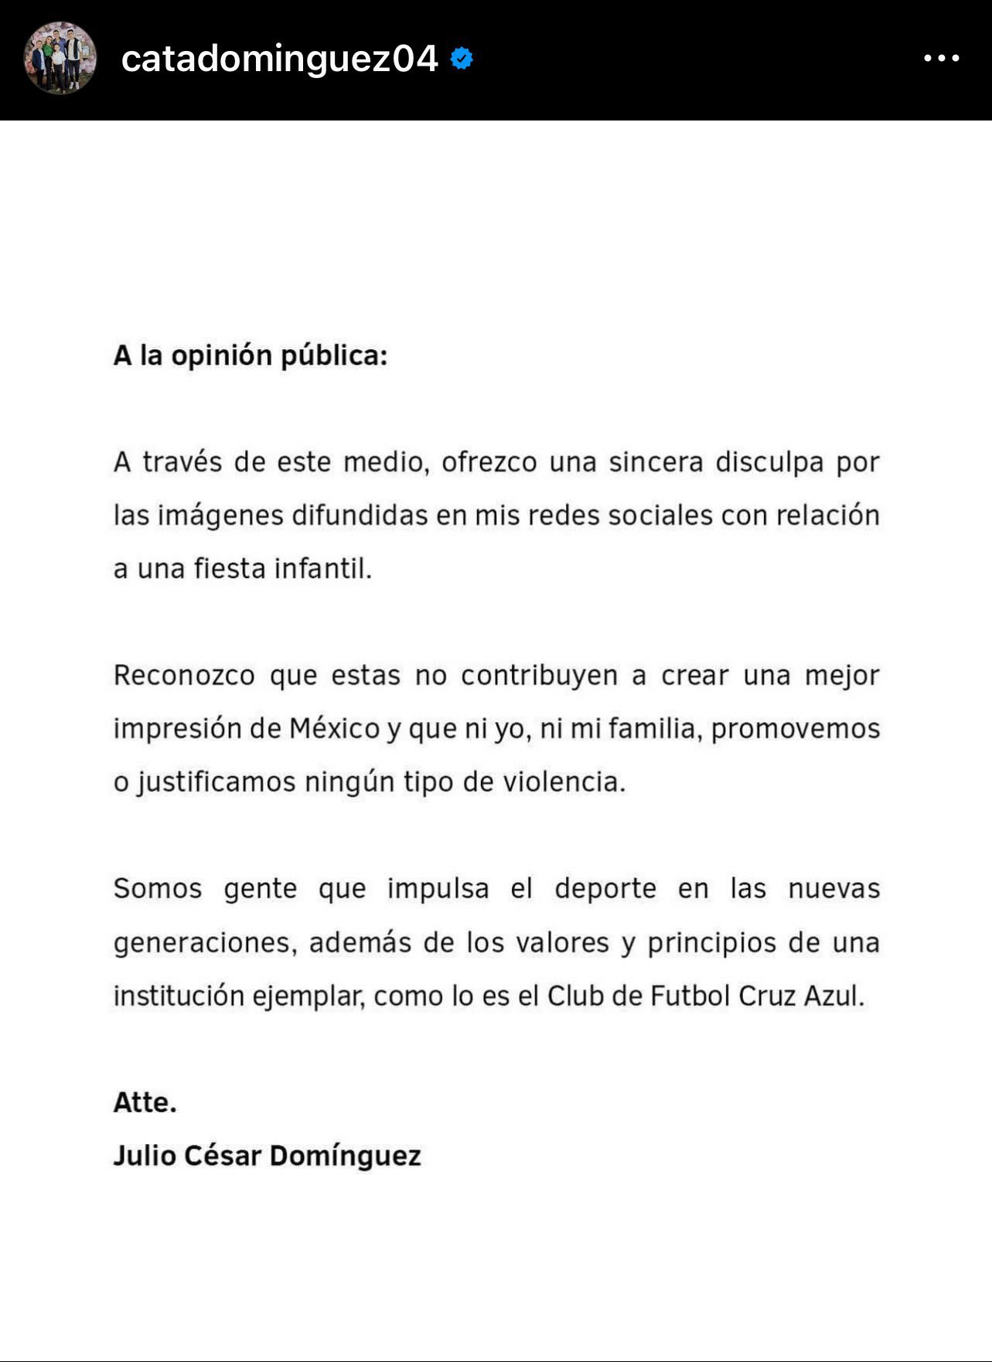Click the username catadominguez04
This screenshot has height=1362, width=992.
[279, 59]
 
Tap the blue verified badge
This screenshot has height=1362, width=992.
[462, 59]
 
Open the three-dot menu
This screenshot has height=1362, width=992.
[941, 58]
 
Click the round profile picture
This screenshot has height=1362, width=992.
[60, 58]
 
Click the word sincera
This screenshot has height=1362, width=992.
[656, 462]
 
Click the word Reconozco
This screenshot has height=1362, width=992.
[184, 676]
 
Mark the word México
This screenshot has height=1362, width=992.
[335, 728]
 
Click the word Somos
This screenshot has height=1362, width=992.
[158, 889]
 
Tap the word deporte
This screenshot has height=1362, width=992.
[605, 889]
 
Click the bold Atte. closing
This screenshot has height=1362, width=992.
[145, 1102]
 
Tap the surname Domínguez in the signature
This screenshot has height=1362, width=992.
[346, 1156]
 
